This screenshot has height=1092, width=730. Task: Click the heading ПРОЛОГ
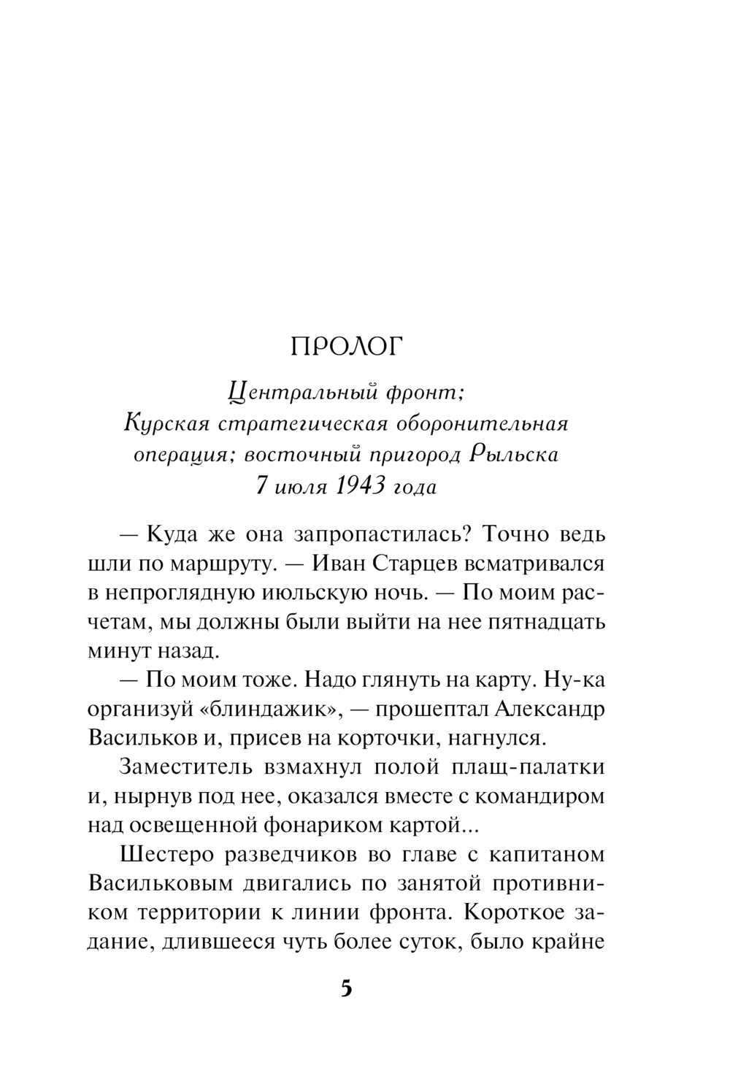point(347,348)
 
